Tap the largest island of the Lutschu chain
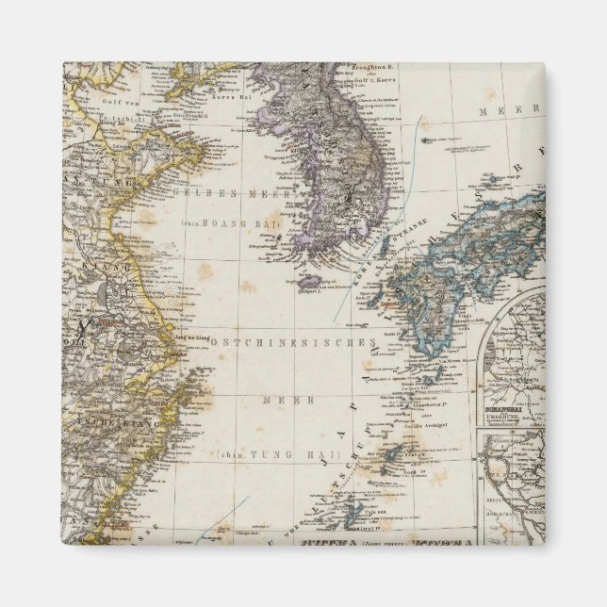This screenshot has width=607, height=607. click(353, 514)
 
